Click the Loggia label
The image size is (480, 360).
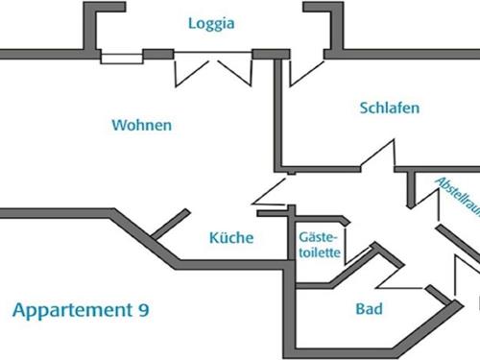coord(212,23)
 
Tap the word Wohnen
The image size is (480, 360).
coord(141,125)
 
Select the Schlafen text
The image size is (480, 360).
coord(390,108)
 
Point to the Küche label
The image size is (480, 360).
coord(231,237)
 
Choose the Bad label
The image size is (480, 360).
coord(369,309)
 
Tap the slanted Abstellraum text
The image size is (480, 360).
coord(455,197)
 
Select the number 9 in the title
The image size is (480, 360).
coord(143,310)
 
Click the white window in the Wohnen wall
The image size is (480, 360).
coord(122,56)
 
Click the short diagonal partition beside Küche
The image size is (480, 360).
coord(169,223)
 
